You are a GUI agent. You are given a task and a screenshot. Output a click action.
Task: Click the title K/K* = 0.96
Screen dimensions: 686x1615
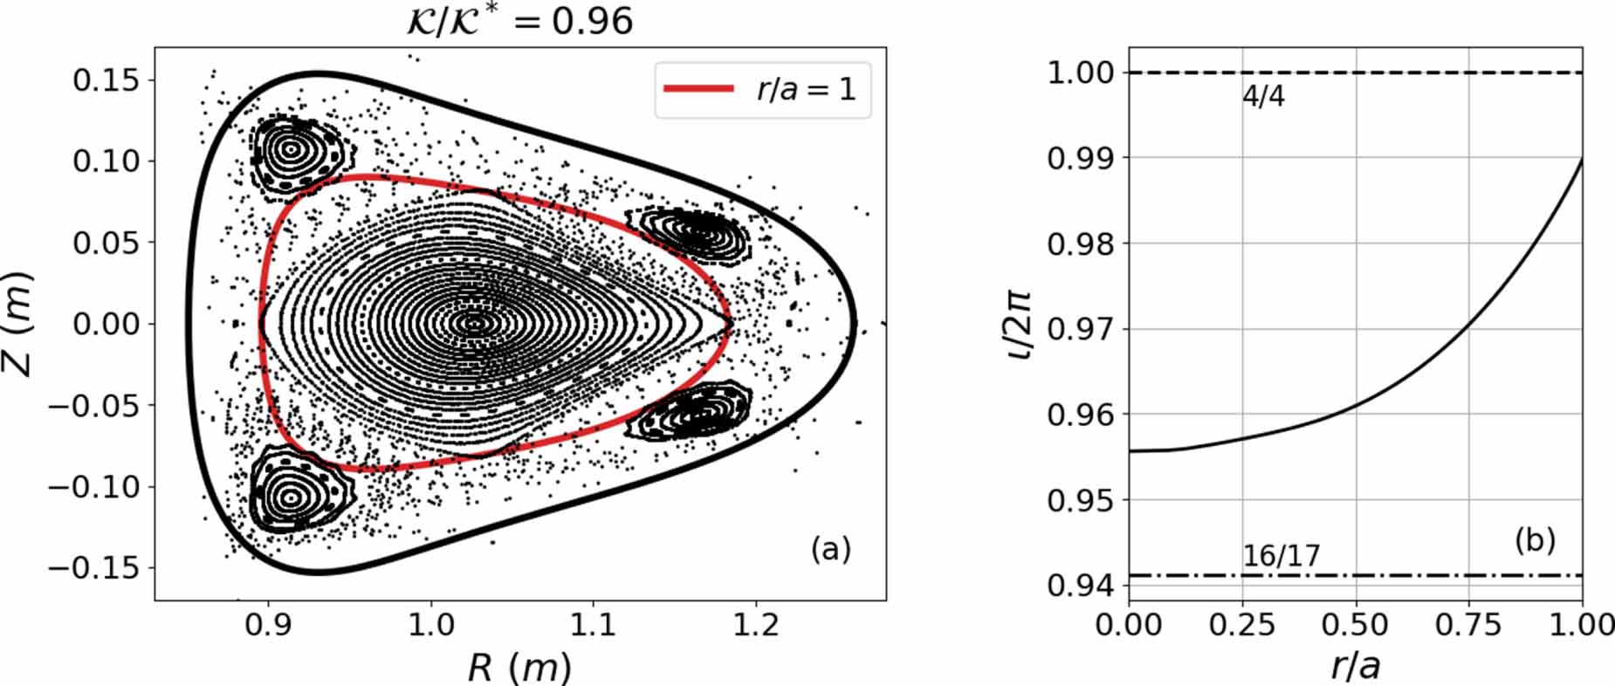(520, 21)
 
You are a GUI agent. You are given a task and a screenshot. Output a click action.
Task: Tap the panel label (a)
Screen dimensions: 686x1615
(830, 549)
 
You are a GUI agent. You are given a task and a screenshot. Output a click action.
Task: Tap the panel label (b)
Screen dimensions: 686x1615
(1535, 540)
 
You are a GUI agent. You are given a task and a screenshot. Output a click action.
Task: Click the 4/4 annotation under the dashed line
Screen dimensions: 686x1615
(1263, 96)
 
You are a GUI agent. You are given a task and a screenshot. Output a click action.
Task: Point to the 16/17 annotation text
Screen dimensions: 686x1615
(1281, 556)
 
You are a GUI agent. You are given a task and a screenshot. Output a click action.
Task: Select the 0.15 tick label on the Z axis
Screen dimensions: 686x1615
(105, 80)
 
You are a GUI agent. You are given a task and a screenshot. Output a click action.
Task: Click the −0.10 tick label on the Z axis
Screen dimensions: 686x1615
(94, 487)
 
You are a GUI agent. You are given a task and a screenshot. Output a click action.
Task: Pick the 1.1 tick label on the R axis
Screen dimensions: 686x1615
(593, 625)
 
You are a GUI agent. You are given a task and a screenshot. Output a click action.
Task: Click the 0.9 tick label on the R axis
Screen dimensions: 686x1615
(267, 625)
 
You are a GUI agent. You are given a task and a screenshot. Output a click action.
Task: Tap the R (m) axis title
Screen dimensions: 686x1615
(519, 668)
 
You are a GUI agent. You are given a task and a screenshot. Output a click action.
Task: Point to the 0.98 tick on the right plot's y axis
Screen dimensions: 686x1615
(1081, 244)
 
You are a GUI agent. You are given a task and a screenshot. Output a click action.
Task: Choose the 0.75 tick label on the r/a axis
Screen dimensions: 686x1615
(1468, 625)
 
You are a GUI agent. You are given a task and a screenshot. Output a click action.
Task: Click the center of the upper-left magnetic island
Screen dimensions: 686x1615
(291, 149)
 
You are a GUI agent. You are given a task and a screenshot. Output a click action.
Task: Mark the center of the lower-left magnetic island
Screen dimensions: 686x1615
(291, 497)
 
